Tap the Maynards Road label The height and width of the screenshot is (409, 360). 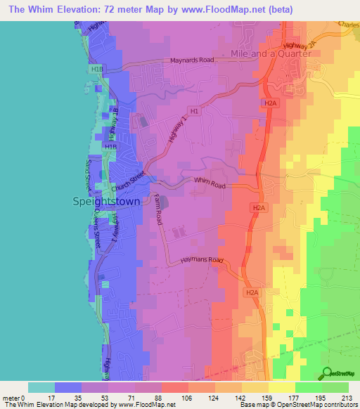(191, 60)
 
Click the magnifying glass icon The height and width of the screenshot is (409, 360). (328, 374)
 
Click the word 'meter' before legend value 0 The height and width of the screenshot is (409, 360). (13, 397)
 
